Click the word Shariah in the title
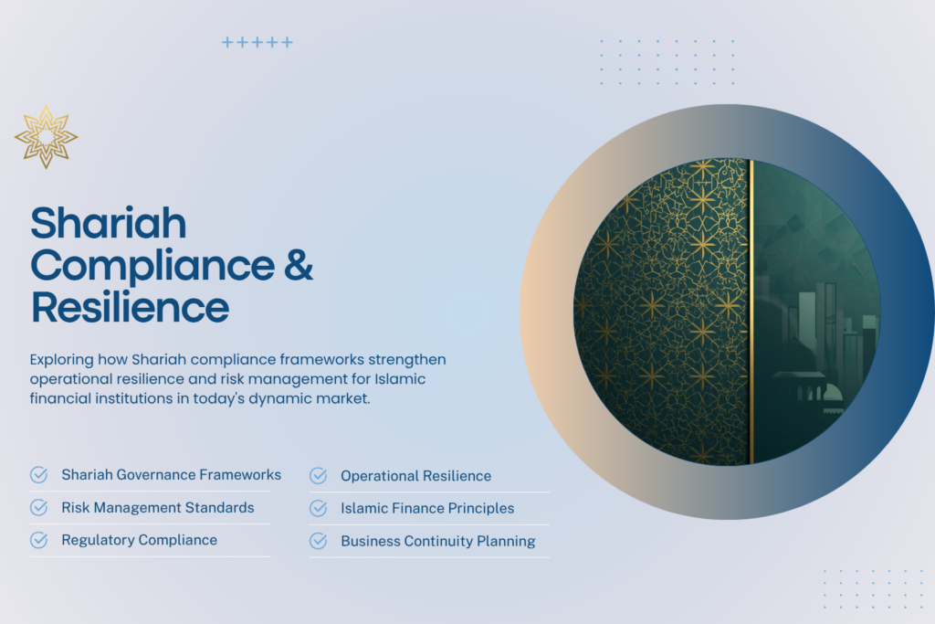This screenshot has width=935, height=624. pos(109,224)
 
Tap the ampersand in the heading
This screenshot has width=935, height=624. pos(298,265)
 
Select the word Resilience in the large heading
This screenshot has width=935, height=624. pos(130,307)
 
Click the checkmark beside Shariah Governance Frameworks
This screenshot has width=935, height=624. pos(39,475)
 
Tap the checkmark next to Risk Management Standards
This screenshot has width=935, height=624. pos(39,507)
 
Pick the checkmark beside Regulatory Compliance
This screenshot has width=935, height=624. pos(39,540)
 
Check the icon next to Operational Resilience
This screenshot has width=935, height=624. pos(318,476)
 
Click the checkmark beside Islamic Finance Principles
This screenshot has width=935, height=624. pos(318,508)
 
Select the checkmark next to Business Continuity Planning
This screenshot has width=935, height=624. pos(318,541)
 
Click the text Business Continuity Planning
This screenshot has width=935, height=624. pos(437,541)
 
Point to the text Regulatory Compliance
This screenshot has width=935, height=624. pos(139,540)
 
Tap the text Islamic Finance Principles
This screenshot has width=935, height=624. pos(427,508)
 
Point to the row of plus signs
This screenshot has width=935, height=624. pos(257,43)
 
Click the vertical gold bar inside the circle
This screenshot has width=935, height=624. pos(751,311)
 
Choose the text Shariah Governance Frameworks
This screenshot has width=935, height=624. pos(171,475)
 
